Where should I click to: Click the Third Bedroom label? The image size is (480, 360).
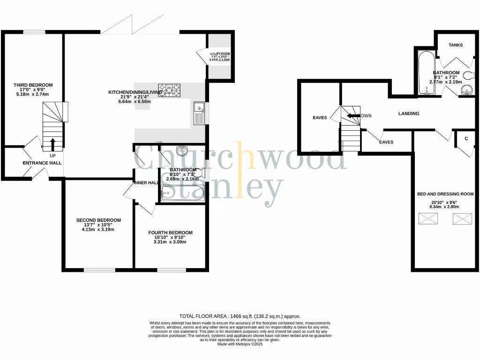33,85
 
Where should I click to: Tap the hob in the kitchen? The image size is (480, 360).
169,89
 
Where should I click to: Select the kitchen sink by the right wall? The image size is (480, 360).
199,113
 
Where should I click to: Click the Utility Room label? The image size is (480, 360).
219,54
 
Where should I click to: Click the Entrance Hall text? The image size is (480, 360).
42,163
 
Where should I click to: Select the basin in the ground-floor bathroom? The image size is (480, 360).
182,151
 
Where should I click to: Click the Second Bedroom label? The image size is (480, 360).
98,220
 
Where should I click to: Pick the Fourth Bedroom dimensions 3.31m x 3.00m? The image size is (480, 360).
170,242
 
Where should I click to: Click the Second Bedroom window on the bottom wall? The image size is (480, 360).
99,270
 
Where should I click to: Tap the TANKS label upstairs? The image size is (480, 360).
455,45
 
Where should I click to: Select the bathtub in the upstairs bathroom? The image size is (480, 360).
426,73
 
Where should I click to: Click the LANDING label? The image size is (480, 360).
408,113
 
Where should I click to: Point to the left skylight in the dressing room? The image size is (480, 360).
427,218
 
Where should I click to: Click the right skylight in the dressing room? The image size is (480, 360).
462,218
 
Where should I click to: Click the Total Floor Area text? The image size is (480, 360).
240,316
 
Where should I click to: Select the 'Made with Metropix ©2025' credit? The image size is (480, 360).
240,345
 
